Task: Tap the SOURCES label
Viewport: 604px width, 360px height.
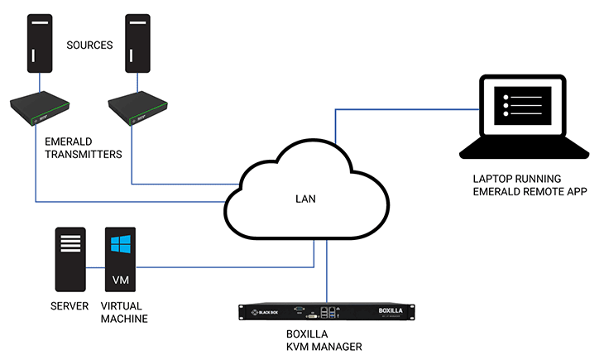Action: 89,45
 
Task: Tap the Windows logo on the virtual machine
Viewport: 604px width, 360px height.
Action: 120,245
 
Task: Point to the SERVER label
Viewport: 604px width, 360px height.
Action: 69,307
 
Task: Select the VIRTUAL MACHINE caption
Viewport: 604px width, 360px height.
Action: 122,313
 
